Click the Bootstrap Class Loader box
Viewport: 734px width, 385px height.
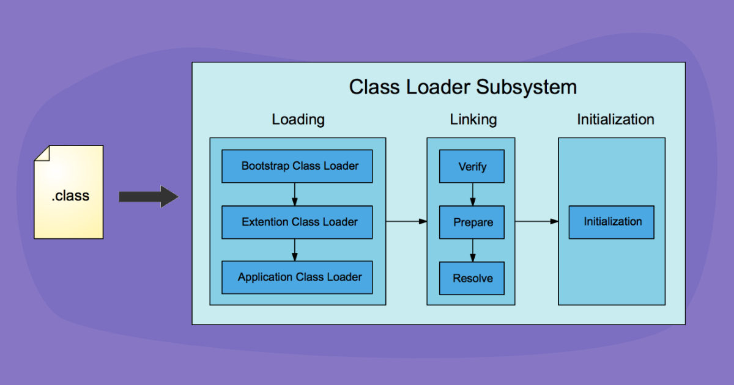tap(297, 166)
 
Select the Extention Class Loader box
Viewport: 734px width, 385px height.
tap(297, 222)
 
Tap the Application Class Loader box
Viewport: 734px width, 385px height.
tap(297, 277)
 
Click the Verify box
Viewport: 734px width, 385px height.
tap(472, 166)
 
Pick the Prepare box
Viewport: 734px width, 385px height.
tap(472, 222)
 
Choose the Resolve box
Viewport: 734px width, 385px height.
tap(472, 278)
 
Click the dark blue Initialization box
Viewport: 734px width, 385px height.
tap(611, 222)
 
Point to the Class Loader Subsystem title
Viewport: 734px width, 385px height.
tap(462, 87)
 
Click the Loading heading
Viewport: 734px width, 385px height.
tap(298, 119)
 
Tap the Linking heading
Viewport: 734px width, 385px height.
tap(473, 119)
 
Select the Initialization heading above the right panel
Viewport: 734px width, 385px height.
tap(615, 119)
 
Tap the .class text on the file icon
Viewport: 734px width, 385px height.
tap(70, 196)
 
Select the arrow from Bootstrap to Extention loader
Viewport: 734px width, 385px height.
tap(295, 194)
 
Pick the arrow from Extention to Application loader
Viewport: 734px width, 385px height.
tap(295, 250)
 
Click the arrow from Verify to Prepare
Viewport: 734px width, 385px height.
tap(472, 194)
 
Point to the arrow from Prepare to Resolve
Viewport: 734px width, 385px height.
tap(472, 250)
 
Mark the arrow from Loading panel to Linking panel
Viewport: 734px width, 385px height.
tap(406, 221)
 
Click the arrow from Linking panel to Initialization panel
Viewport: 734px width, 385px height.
tap(536, 221)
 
